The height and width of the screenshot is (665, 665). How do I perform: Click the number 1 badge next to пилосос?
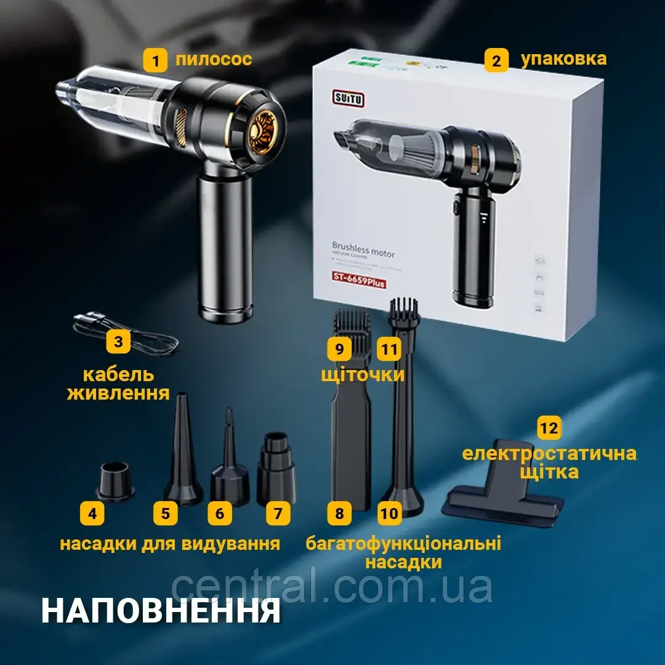(x=155, y=60)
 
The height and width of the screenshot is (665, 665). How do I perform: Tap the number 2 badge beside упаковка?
(x=496, y=60)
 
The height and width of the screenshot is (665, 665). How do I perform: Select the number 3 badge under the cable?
(x=118, y=342)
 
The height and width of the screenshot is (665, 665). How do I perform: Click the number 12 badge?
(x=549, y=428)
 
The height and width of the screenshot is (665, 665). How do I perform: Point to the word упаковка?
(x=563, y=58)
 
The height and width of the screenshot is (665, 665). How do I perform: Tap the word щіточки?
(x=363, y=374)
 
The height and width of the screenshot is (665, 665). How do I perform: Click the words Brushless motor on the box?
(x=363, y=250)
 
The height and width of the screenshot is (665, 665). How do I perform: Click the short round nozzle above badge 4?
(x=115, y=480)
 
